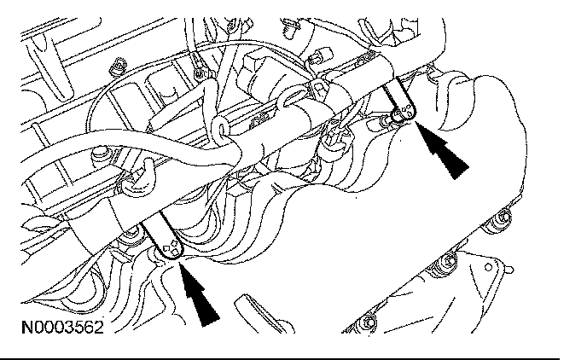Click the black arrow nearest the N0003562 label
(199, 293)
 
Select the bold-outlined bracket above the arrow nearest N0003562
(162, 238)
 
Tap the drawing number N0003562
(62, 328)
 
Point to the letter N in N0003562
(27, 328)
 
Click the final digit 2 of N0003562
(98, 328)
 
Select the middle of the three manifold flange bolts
(448, 262)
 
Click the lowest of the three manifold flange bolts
(369, 322)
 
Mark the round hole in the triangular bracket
(488, 267)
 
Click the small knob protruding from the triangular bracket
(509, 270)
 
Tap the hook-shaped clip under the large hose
(141, 180)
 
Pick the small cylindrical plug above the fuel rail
(323, 55)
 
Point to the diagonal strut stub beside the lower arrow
(264, 314)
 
